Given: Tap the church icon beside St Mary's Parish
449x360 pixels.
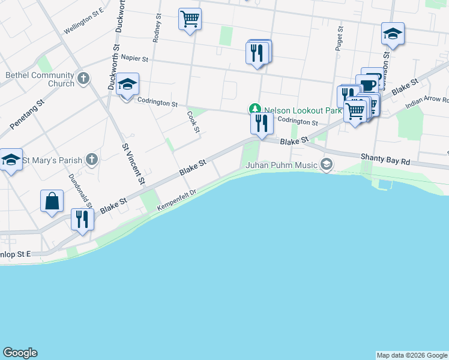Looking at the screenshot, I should coord(91,160).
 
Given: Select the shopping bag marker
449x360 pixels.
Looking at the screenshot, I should coord(52,202).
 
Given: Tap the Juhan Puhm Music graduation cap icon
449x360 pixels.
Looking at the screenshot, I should coord(327,164).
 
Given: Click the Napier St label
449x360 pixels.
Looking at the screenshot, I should coord(134,59).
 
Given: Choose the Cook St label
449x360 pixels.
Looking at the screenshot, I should coord(193,122).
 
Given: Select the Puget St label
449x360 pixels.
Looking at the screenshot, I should coord(340,37).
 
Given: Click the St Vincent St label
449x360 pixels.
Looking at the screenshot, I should coord(133,163).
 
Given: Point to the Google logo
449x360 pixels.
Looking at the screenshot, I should coord(20,353).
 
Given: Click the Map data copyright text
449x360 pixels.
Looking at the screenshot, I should coord(412,355).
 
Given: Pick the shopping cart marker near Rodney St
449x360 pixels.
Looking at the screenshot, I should coord(190,19).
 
